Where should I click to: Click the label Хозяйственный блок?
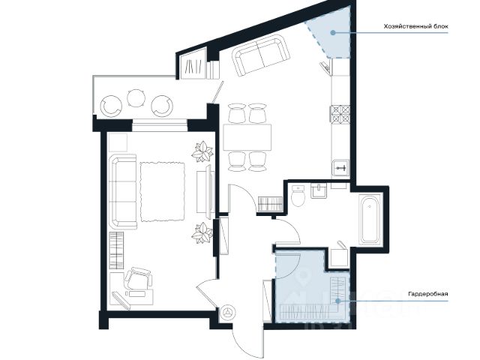coord(416,27)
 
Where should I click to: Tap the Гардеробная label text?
coord(428,294)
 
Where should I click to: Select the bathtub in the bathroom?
coord(370,220)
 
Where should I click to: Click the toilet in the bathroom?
coord(298,196)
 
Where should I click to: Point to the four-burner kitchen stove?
coord(340,115)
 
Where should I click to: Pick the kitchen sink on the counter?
coord(340,167)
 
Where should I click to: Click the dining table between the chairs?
coord(247,137)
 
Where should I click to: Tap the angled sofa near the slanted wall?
coord(261,55)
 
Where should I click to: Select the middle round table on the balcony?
coord(135,98)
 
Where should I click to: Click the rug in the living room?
coord(163,192)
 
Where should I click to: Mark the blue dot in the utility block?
coord(333,32)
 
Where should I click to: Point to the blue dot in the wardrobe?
coord(337,301)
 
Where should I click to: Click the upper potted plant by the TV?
coord(202,151)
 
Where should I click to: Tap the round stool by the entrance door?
coord(228,313)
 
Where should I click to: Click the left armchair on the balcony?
coord(111,106)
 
